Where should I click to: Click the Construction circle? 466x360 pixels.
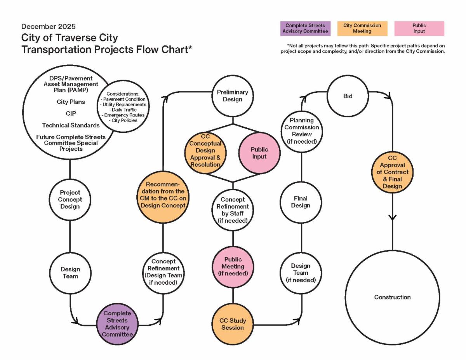click(x=392, y=297)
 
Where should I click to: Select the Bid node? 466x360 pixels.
click(x=348, y=96)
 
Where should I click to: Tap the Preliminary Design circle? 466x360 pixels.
click(x=233, y=96)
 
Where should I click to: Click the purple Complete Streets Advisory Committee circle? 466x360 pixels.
click(x=117, y=324)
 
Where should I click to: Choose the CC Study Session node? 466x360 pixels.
click(x=233, y=324)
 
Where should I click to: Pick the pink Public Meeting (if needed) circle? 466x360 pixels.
click(x=233, y=266)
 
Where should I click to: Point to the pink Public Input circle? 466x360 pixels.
click(x=259, y=153)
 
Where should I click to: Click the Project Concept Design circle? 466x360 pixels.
click(x=70, y=199)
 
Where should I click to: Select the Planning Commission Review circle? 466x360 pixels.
click(x=301, y=131)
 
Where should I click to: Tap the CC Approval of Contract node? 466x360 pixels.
click(x=392, y=172)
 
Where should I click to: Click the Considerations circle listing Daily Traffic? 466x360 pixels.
click(x=123, y=106)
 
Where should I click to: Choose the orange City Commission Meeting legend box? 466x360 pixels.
click(x=362, y=28)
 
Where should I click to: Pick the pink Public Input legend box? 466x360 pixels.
click(x=419, y=28)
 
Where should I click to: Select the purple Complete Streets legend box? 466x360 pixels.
click(x=305, y=28)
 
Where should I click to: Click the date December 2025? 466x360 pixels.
click(x=48, y=26)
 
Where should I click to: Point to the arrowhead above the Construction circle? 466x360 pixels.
click(x=392, y=217)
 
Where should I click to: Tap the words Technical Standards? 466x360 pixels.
click(x=71, y=125)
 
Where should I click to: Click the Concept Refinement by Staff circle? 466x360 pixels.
click(x=233, y=210)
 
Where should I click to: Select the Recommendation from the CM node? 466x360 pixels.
click(x=163, y=197)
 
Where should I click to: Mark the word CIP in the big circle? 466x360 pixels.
click(x=71, y=113)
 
